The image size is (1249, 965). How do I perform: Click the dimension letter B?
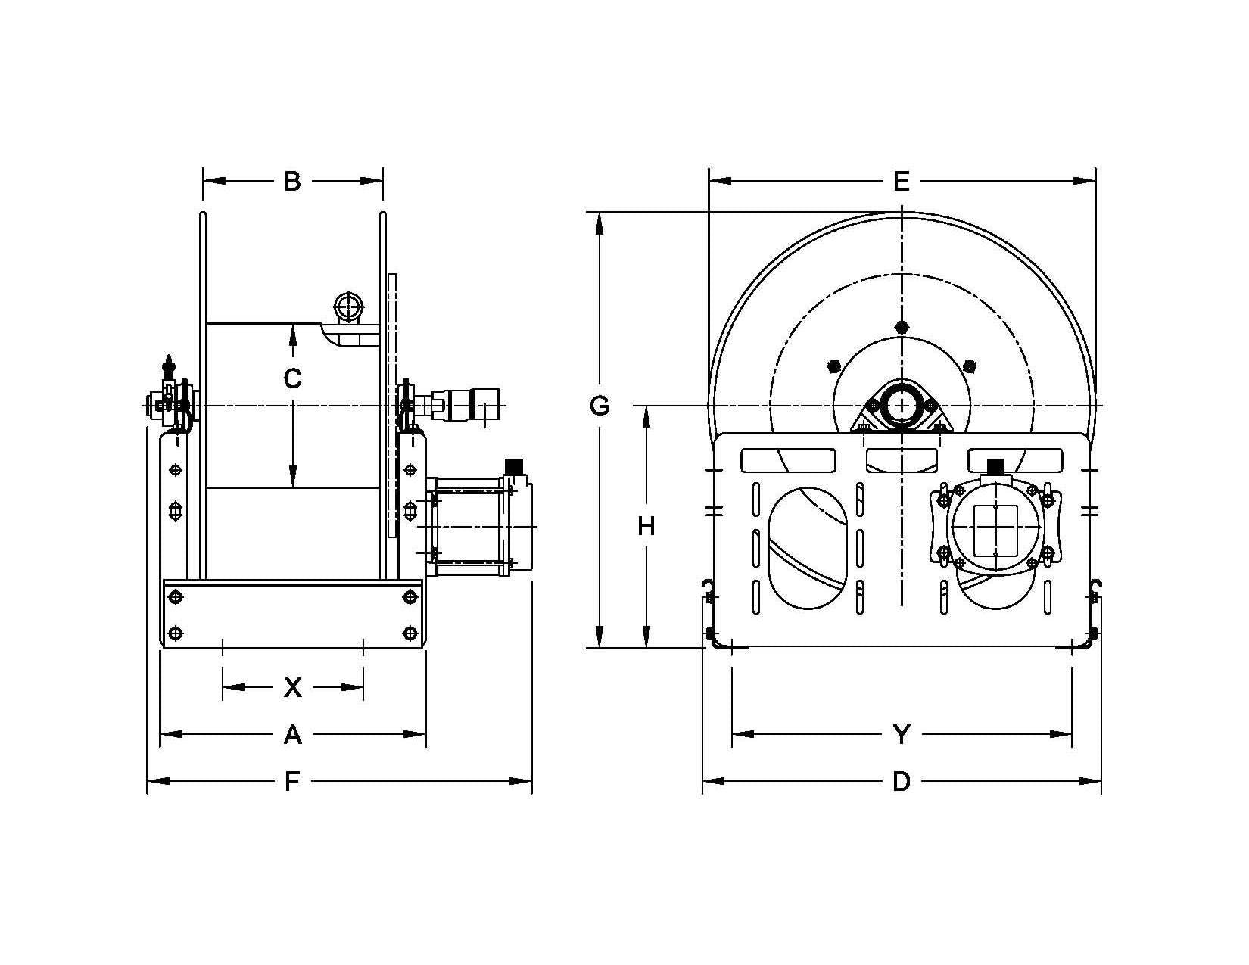click(x=292, y=182)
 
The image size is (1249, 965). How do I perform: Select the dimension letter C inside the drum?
click(x=292, y=378)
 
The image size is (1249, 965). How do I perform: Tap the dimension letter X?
click(x=292, y=687)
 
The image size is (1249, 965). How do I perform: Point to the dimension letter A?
click(x=292, y=734)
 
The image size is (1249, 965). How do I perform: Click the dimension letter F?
click(x=292, y=781)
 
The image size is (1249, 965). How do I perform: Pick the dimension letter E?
click(x=901, y=182)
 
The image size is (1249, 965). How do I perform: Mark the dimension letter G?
click(x=599, y=406)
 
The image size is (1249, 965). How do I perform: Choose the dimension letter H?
click(x=646, y=526)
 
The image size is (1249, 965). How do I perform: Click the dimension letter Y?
click(x=901, y=734)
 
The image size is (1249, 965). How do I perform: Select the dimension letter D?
click(x=901, y=781)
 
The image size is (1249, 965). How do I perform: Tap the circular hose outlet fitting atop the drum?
click(x=348, y=307)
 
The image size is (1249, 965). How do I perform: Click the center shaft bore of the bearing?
click(x=901, y=405)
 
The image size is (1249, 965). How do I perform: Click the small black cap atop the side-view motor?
click(x=515, y=463)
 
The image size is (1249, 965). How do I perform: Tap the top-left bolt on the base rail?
click(x=176, y=598)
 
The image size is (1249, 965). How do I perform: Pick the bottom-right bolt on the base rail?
click(x=410, y=633)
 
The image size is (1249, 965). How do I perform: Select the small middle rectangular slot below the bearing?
click(x=901, y=459)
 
